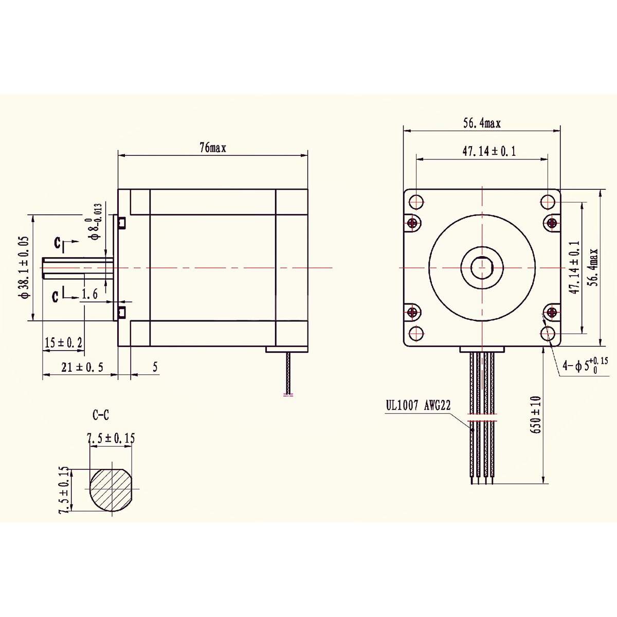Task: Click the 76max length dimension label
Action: tap(213, 148)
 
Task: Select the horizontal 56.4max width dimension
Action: tap(481, 123)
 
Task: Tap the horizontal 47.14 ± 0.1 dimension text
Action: tap(482, 151)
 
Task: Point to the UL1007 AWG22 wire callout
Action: tap(419, 405)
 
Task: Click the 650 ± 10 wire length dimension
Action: tap(537, 414)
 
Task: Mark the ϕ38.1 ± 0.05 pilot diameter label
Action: tap(23, 267)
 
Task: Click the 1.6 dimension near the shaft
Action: tap(90, 294)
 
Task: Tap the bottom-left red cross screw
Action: tap(413, 312)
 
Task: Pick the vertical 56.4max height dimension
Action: tap(594, 267)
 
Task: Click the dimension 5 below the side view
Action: tap(154, 367)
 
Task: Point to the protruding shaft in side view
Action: tap(77, 267)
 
